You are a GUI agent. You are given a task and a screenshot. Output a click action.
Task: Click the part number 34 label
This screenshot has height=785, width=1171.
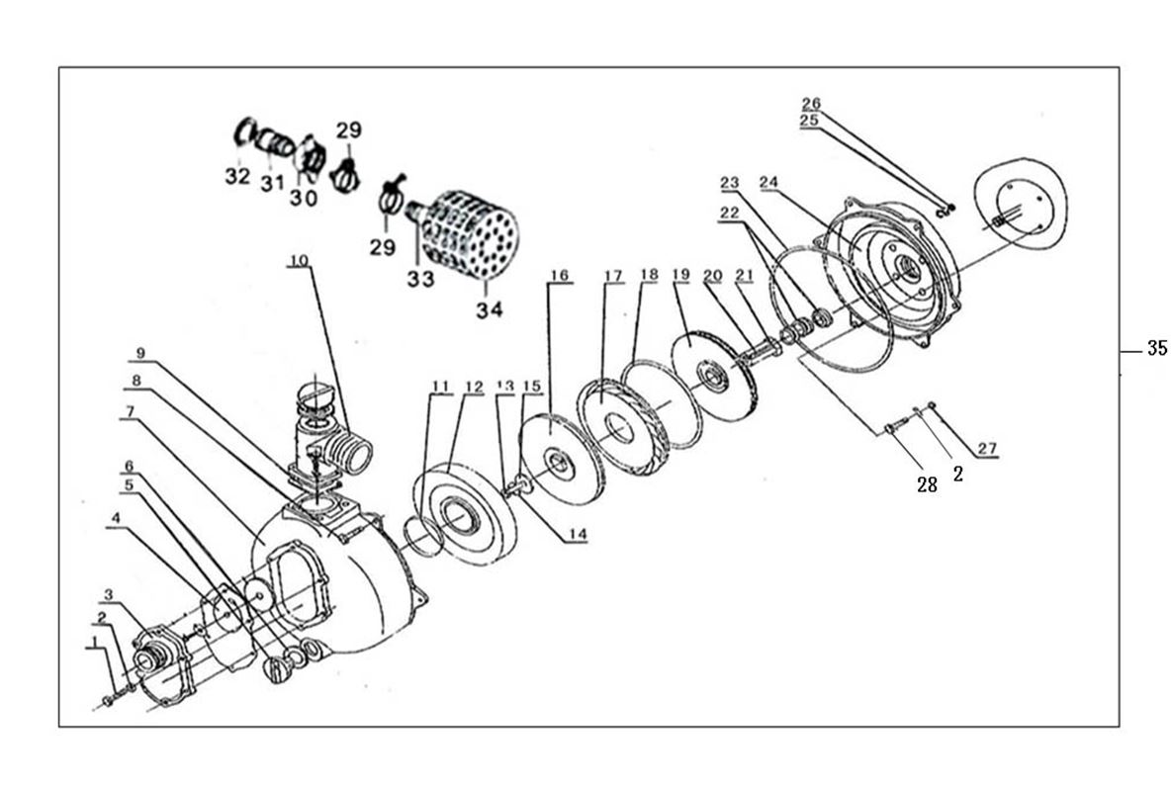coord(489,309)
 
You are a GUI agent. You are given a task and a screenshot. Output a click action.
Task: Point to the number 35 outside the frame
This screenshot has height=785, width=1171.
coord(1156,348)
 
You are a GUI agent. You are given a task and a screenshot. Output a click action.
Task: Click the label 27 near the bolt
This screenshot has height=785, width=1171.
coord(987,449)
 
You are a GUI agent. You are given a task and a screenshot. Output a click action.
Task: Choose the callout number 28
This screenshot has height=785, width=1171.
coord(927,485)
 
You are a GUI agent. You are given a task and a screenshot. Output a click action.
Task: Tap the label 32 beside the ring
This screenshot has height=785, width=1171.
coord(237,177)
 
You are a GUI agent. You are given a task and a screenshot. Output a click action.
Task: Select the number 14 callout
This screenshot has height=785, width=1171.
coord(578,534)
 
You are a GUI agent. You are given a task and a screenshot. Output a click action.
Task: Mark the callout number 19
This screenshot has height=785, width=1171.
coord(680,274)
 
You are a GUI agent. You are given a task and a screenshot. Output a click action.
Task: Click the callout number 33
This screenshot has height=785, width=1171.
coord(420,280)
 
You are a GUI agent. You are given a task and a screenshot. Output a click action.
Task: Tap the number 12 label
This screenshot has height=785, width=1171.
coord(474,386)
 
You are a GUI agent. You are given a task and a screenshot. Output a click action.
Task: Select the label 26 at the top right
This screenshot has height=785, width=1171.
coord(811,103)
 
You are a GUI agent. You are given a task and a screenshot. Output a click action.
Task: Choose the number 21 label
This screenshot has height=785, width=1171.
coord(744,274)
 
